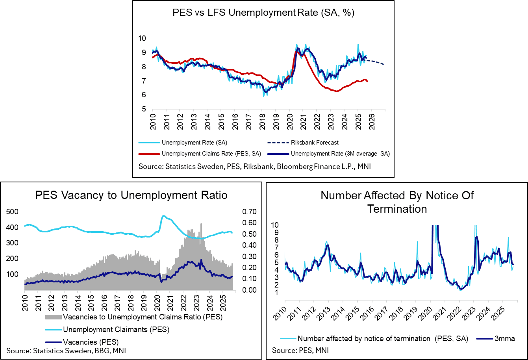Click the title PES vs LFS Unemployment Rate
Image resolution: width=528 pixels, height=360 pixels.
263,12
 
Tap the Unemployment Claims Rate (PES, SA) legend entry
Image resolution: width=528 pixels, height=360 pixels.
205,154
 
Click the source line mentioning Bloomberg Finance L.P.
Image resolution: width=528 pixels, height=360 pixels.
254,167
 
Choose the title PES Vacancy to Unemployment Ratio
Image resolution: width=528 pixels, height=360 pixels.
132,195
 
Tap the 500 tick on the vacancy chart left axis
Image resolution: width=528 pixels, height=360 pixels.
13,212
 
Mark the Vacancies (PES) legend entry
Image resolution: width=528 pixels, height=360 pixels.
91,341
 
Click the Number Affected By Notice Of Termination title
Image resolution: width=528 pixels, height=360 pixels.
397,202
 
